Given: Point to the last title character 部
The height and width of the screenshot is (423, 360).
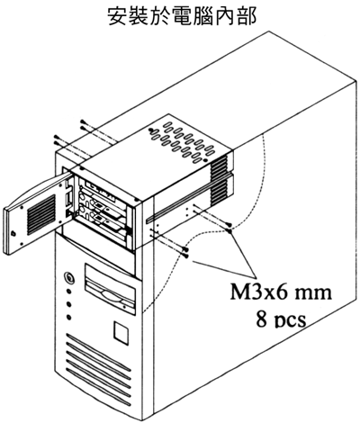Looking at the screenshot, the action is pos(247,16).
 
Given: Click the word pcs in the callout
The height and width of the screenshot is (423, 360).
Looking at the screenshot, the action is pos(290,321).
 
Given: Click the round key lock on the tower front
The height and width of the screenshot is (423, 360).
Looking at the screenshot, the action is pos(69,276).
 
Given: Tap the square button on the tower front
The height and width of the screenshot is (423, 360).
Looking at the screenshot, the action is pos(121,331).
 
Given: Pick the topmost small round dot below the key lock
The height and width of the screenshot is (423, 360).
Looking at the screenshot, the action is pos(69,292).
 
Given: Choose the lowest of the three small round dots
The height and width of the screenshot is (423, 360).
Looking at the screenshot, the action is pos(69,317).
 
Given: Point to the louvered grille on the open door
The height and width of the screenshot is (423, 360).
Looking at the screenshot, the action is pos(41,215).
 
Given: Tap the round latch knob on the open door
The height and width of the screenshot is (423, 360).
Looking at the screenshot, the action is pos(13,233).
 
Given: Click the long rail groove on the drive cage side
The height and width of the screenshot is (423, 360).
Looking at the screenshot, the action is pos(188,198).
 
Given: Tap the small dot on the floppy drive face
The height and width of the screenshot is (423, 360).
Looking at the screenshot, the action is pos(123,307).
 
